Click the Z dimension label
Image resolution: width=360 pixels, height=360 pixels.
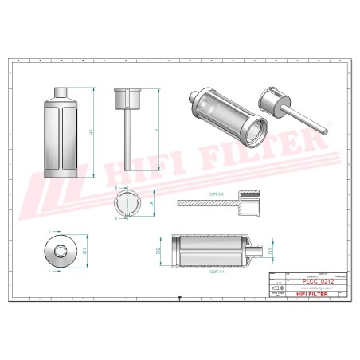click(157, 129)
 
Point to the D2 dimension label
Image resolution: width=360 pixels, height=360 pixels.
click(159, 250)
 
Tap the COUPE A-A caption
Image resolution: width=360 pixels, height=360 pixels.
click(215, 271)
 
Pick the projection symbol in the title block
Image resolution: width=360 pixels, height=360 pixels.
click(276, 287)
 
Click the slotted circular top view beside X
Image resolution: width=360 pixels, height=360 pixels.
click(127, 204)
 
